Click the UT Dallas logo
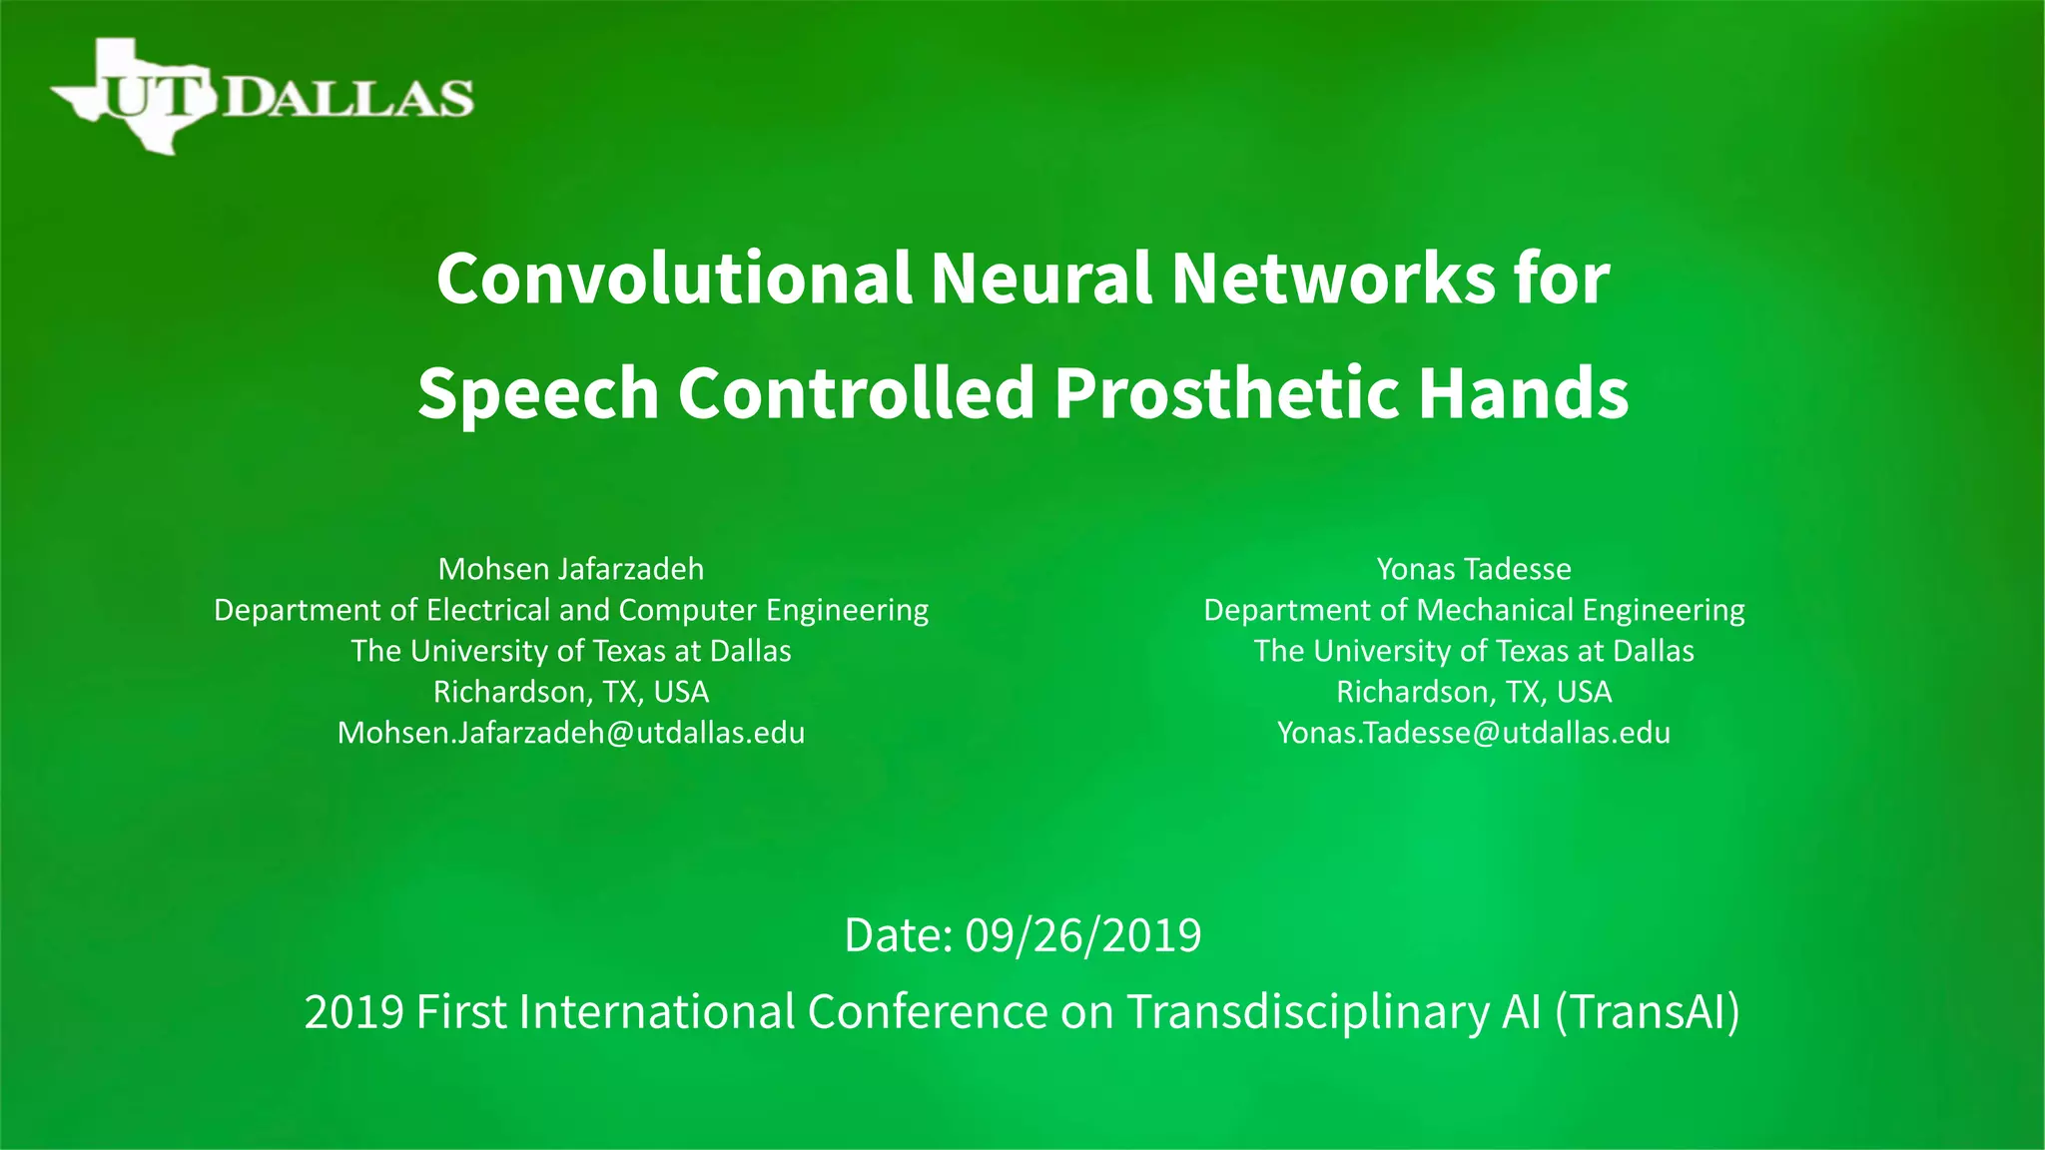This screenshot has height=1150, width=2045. [262, 96]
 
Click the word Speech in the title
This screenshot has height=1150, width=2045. [538, 392]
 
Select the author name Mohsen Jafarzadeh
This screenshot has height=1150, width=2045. [571, 569]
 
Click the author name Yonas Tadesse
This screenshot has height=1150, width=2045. [1474, 569]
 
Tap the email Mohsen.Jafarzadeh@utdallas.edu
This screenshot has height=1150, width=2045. [571, 733]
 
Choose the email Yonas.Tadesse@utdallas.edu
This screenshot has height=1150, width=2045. [1474, 733]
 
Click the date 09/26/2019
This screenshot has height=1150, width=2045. [1083, 935]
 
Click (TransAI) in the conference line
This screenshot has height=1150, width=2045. [1648, 1011]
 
